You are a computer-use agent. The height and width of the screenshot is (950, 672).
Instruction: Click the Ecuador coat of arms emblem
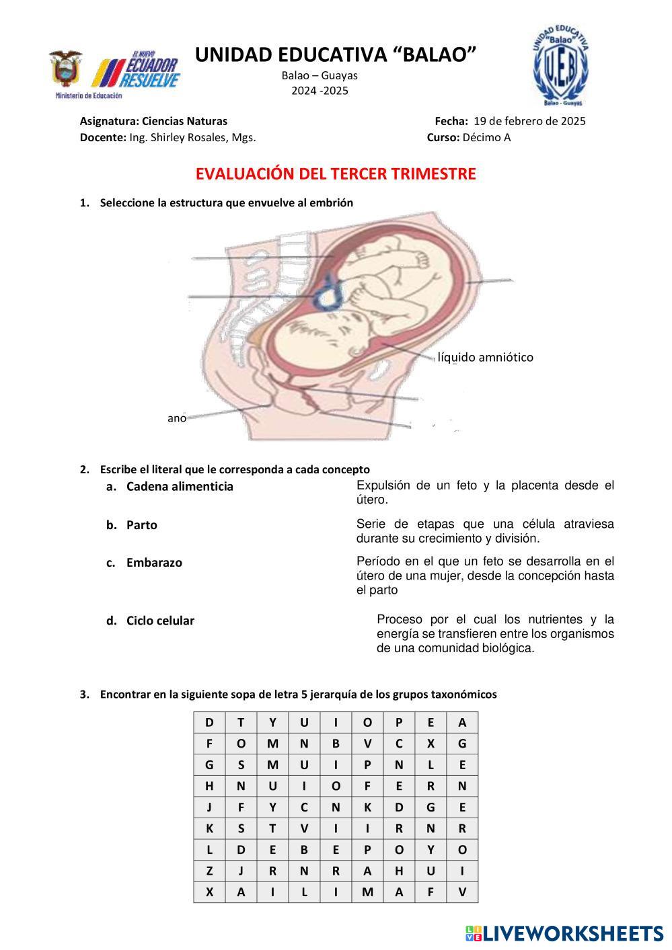(65, 69)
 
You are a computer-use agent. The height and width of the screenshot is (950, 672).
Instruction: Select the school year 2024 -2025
(320, 91)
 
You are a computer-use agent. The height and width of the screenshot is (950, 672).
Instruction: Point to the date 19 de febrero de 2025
(529, 121)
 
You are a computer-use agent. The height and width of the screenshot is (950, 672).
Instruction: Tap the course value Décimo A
(486, 137)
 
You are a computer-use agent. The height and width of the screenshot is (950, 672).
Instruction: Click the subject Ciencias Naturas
(184, 121)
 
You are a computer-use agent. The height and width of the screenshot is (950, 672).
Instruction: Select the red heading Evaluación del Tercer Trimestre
(336, 174)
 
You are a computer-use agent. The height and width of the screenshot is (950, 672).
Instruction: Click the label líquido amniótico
(485, 357)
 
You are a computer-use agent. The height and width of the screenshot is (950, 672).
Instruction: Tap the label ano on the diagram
(176, 418)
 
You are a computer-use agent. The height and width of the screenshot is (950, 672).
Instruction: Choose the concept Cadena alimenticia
(180, 486)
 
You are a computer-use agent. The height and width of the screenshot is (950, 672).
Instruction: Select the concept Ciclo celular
(160, 621)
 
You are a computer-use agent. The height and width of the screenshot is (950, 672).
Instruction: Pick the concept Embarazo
(154, 563)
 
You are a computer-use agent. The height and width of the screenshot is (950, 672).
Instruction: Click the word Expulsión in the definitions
(383, 485)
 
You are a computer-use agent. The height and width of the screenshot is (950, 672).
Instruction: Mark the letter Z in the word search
(209, 871)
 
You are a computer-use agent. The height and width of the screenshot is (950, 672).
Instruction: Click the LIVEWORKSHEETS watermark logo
(564, 933)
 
